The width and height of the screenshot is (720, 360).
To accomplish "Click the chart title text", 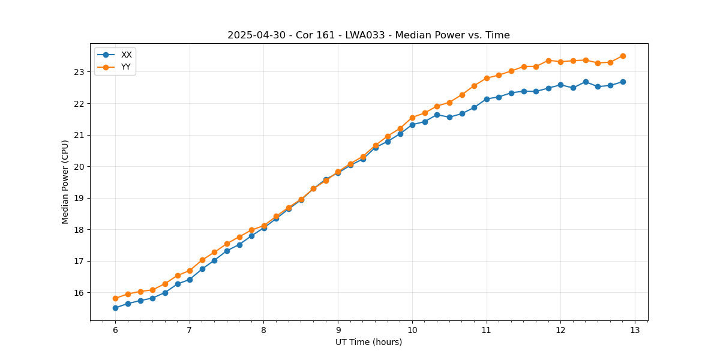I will click(x=368, y=35).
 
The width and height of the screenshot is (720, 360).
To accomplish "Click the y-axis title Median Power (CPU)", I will click(x=65, y=182).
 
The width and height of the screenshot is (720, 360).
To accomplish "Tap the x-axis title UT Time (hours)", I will click(x=368, y=342).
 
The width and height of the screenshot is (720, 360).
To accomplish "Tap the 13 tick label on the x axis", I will click(x=635, y=331).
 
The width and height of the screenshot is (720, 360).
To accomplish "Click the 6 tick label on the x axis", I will click(x=115, y=331).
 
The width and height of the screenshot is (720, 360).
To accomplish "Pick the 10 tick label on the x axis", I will click(x=412, y=331).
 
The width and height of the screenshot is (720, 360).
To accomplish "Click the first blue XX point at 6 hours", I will click(x=115, y=308).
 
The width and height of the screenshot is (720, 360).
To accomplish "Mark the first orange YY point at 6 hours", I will click(x=115, y=298).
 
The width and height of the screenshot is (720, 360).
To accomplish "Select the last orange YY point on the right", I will click(x=623, y=56).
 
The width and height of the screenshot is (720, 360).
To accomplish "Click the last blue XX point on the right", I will click(x=623, y=82).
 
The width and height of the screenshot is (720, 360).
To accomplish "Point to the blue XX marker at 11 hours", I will click(x=487, y=99).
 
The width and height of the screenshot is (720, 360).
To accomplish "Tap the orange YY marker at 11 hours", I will click(x=487, y=78).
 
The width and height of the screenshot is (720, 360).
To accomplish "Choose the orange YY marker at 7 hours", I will click(x=190, y=271).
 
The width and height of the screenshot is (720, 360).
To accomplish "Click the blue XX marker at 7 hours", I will click(x=190, y=280).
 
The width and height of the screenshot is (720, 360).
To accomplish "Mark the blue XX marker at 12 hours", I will click(x=560, y=85).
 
